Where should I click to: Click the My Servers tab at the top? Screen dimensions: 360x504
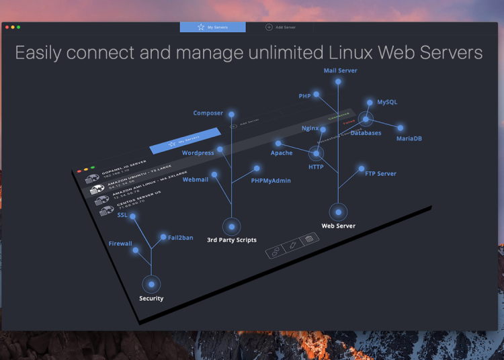212,28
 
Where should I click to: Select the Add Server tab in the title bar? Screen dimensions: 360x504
280,28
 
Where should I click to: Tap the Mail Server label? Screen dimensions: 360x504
340,70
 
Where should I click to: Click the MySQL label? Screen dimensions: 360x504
387,102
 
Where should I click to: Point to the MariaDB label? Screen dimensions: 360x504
409,138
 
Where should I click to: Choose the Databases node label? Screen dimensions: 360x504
366,133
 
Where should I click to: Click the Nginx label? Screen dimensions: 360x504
310,128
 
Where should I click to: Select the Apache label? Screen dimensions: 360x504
282,153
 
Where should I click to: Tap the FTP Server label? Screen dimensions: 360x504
380,174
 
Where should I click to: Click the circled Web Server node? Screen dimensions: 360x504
339,212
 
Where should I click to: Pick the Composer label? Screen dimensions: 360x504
208,113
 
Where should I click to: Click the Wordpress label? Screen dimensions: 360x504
198,153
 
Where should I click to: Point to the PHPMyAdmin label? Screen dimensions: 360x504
271,181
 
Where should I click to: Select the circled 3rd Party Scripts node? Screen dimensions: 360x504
231,226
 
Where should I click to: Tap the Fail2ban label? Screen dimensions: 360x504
180,238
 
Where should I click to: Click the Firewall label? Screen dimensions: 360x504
120,244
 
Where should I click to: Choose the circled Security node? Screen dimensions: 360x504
151,284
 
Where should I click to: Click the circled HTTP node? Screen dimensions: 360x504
316,154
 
